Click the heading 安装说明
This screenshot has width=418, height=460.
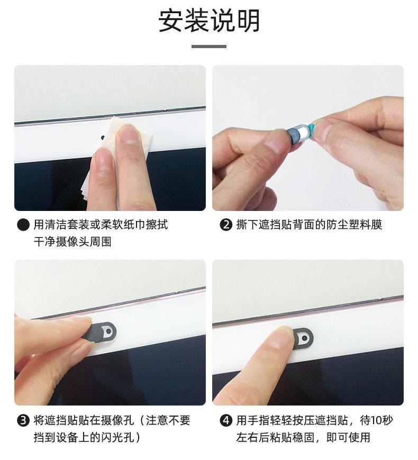click(x=209, y=21)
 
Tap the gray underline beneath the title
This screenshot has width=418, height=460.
click(x=209, y=47)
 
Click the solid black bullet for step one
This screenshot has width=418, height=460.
click(x=23, y=225)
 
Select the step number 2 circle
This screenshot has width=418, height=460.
click(x=226, y=225)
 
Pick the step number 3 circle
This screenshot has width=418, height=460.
click(x=23, y=421)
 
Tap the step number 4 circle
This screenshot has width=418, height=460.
click(x=226, y=421)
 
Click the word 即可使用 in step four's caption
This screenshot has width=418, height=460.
click(x=348, y=438)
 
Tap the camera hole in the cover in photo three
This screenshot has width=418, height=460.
click(x=109, y=330)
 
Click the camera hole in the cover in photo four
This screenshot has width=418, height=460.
click(x=305, y=338)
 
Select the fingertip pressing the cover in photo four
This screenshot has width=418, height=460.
click(x=281, y=337)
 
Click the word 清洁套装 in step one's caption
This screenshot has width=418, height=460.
click(x=66, y=225)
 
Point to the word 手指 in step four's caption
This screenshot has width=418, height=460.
click(x=259, y=421)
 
